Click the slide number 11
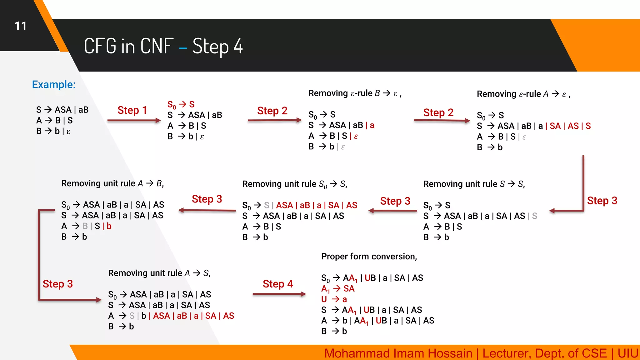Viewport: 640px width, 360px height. click(x=21, y=26)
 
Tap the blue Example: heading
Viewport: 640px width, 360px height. click(x=54, y=84)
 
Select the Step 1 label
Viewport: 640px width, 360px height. click(x=132, y=110)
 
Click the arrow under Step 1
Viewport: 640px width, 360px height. click(x=134, y=120)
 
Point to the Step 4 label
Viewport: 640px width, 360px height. click(x=277, y=284)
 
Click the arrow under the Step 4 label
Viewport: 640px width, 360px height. click(x=279, y=294)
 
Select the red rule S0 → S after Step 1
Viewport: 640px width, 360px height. click(x=181, y=104)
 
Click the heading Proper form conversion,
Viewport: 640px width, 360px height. click(x=369, y=257)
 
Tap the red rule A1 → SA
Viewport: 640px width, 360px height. click(x=338, y=289)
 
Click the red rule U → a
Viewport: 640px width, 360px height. click(x=334, y=299)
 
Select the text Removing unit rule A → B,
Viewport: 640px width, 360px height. click(x=112, y=183)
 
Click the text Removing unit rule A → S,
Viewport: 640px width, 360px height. click(x=159, y=273)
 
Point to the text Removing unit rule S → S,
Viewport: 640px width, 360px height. click(x=474, y=184)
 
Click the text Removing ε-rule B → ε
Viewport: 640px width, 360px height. click(x=355, y=93)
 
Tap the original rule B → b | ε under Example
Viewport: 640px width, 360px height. click(x=53, y=131)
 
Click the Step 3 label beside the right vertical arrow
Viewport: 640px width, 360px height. click(x=602, y=201)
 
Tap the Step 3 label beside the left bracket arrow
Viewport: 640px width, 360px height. click(x=57, y=284)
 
